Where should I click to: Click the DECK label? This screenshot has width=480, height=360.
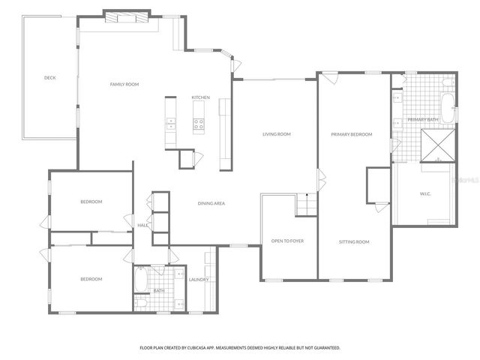tap(49, 78)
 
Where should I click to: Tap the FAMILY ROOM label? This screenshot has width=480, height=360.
tap(124, 84)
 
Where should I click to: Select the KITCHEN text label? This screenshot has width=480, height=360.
tap(200, 98)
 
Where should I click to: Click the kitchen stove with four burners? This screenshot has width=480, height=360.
tap(199, 124)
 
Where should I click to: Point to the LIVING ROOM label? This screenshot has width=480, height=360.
tap(276, 134)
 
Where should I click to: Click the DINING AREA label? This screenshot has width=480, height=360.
tap(211, 203)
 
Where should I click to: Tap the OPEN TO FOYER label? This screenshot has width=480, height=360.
tap(288, 241)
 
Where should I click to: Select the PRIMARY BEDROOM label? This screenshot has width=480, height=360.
tap(352, 134)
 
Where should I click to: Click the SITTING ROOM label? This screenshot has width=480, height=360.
tap(354, 241)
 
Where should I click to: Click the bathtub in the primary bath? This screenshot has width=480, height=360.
tap(448, 107)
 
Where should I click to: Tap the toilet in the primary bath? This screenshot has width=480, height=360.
tap(447, 81)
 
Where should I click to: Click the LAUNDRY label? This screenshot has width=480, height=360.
tap(199, 280)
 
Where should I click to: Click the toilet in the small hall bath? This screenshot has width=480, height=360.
tap(140, 302)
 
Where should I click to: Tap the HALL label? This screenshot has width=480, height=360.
tap(142, 225)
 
